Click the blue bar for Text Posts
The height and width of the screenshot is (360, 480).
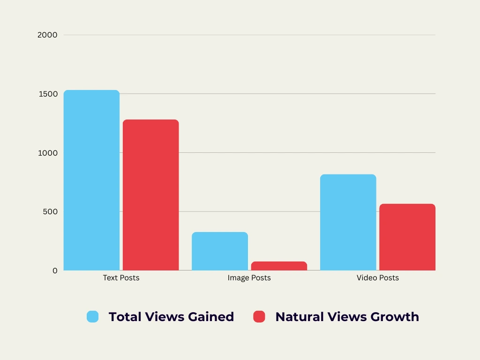(x=91, y=180)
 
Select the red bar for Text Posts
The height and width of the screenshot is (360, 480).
(x=150, y=195)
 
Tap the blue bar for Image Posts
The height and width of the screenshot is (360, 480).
(x=219, y=251)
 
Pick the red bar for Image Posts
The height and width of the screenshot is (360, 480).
(x=279, y=266)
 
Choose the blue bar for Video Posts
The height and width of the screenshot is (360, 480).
(x=348, y=222)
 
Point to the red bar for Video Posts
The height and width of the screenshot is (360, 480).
(x=407, y=237)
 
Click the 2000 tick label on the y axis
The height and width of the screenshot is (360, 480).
(x=47, y=35)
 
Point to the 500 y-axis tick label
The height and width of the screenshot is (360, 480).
(x=49, y=211)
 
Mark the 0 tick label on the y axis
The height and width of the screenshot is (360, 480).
(x=55, y=270)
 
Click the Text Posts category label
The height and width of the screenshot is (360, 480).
(x=121, y=278)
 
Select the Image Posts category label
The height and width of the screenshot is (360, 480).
(x=249, y=278)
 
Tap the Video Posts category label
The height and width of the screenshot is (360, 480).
(x=377, y=278)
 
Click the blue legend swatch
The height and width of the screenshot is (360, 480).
(x=93, y=317)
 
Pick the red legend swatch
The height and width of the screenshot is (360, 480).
(x=259, y=317)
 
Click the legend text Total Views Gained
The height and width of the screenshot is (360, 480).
(x=171, y=317)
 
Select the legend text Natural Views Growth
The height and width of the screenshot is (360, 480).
(x=347, y=317)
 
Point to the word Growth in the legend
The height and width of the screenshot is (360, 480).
(x=395, y=317)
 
